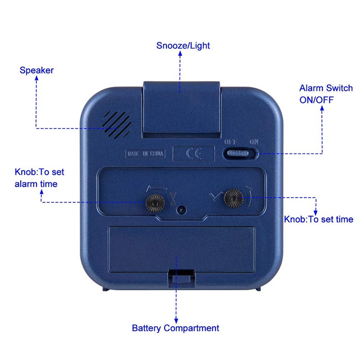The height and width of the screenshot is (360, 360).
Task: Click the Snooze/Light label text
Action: pos(183,45)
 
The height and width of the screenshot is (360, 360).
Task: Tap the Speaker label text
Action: pos(36,70)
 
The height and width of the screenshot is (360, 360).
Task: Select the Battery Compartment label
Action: pos(175,328)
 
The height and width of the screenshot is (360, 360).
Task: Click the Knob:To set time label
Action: pos(319,220)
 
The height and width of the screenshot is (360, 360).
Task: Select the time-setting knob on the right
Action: pos(234,197)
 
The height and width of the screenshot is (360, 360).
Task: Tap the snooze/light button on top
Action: pos(182,108)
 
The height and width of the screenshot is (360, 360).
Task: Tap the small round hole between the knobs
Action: pos(181,210)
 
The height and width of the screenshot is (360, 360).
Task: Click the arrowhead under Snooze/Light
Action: pos(180,53)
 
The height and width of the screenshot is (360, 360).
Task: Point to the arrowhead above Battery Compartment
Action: pos(176,319)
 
